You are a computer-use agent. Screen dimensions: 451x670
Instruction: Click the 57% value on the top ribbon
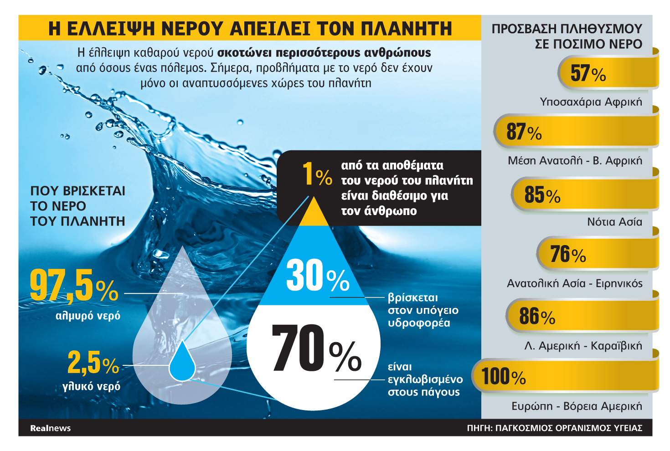(x=588, y=73)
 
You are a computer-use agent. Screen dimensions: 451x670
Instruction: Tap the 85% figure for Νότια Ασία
(x=542, y=195)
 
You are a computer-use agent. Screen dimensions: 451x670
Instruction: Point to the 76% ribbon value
(x=568, y=254)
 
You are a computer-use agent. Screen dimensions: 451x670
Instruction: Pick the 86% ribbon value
(x=537, y=316)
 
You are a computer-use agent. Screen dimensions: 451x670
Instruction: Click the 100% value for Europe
(x=504, y=376)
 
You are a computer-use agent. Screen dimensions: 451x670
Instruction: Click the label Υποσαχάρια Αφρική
(x=591, y=102)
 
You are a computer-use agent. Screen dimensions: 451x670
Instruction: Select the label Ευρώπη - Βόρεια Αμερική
(x=577, y=406)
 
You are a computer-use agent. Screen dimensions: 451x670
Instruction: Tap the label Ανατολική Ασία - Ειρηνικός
(x=574, y=283)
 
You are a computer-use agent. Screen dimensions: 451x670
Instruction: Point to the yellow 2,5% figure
(x=93, y=363)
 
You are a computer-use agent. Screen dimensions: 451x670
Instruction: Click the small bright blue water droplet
(x=182, y=362)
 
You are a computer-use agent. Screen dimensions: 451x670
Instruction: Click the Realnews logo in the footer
(x=50, y=428)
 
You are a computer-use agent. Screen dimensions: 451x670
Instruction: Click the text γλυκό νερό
(x=91, y=386)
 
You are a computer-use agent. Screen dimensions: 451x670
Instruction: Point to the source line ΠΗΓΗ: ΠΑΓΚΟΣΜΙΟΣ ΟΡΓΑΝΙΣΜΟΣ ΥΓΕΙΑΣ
(x=554, y=428)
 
